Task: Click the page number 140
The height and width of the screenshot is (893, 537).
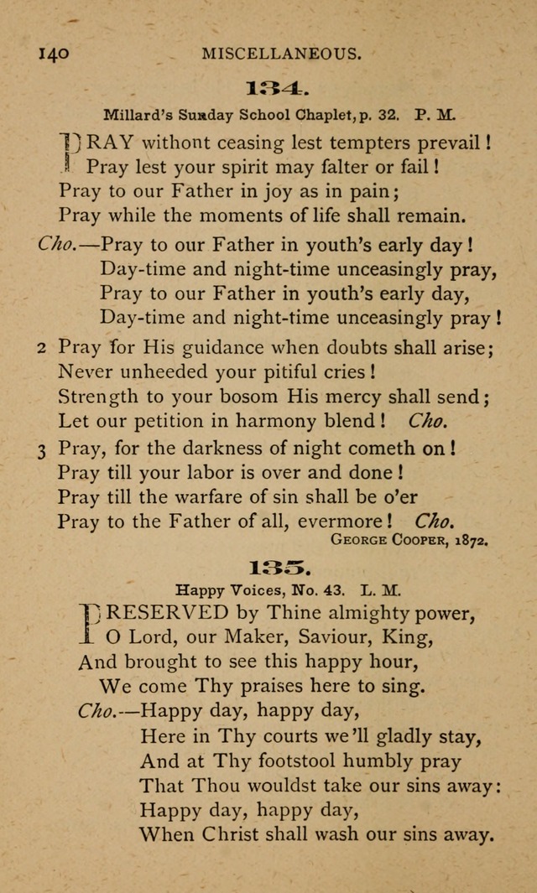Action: [53, 55]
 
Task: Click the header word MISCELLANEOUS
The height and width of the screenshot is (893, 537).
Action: [281, 55]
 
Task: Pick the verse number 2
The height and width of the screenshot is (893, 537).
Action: [42, 348]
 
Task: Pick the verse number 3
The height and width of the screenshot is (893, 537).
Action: [42, 449]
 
